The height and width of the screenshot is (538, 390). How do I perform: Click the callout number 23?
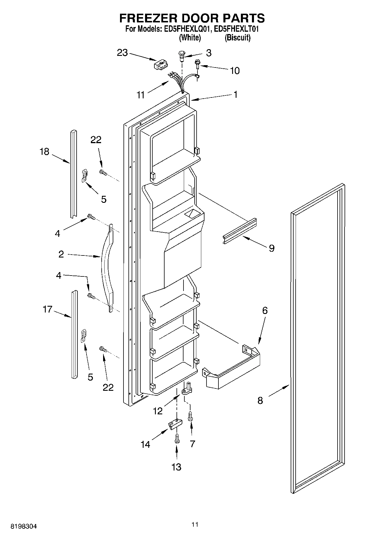click(122, 53)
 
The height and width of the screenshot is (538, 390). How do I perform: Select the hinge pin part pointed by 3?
click(181, 56)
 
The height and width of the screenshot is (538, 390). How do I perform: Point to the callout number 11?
click(141, 95)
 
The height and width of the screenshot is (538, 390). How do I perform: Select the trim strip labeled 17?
click(75, 335)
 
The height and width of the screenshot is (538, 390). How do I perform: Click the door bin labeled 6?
click(232, 368)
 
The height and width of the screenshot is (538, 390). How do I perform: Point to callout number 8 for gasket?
click(260, 400)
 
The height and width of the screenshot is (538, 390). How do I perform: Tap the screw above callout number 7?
click(190, 416)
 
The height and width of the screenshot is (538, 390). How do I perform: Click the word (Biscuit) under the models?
click(237, 38)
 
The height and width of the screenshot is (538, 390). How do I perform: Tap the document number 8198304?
click(24, 526)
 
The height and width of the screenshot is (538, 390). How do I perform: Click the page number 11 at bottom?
click(195, 524)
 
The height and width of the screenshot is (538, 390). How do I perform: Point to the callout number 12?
click(158, 411)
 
